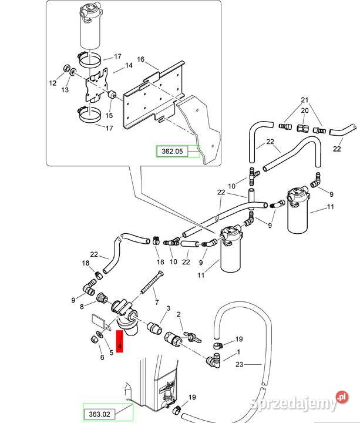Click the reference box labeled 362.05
(172, 152)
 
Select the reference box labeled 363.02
(99, 414)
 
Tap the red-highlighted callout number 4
(119, 341)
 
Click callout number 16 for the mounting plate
(141, 59)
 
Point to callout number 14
(129, 65)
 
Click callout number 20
(305, 110)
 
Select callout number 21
(304, 100)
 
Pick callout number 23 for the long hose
(240, 364)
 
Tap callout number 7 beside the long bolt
(157, 303)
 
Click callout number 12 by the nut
(53, 83)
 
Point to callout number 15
(109, 116)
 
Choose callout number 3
(169, 308)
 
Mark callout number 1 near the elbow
(238, 352)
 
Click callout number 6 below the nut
(102, 358)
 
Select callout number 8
(82, 307)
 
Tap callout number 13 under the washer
(65, 89)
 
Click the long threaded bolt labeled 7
(152, 282)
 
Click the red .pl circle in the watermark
(342, 397)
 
